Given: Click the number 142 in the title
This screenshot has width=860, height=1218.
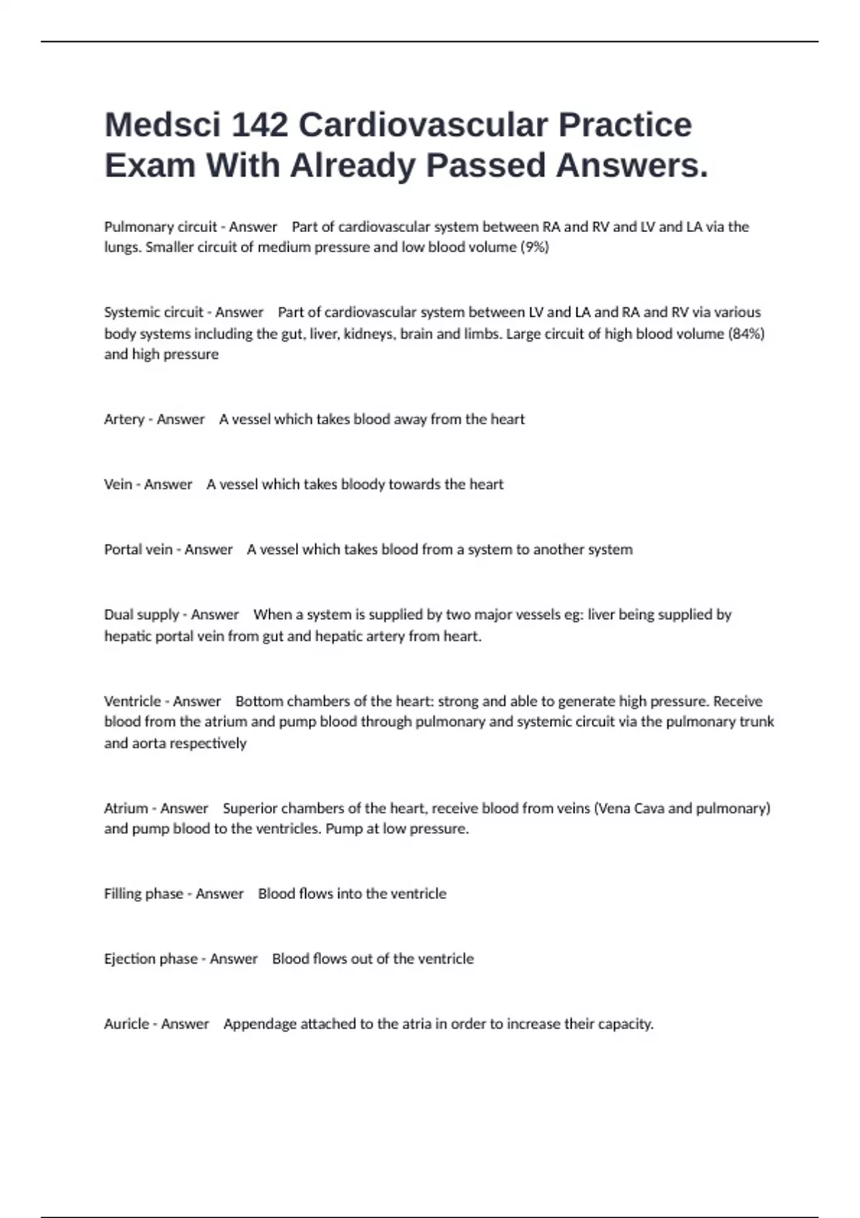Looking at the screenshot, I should [x=259, y=125].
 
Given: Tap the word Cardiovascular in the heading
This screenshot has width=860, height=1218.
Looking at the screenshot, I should [x=423, y=125].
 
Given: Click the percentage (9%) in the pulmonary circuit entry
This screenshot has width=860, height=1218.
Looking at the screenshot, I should [x=534, y=247].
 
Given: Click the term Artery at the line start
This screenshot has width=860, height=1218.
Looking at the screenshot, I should [x=124, y=419].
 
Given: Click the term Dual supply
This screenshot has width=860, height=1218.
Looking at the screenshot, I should [x=141, y=615].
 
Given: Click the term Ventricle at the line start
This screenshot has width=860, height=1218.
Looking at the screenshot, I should [x=132, y=701].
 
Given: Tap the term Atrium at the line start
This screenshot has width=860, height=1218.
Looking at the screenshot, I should [x=126, y=808].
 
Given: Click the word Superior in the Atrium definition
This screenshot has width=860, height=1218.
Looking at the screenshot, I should [x=249, y=808].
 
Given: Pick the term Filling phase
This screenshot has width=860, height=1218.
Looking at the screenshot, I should [x=143, y=893].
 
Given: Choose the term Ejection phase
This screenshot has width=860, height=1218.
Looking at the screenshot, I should [x=150, y=959].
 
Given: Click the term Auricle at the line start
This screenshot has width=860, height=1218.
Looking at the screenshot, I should [x=127, y=1024].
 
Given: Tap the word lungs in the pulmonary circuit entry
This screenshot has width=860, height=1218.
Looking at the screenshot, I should [x=121, y=248].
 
